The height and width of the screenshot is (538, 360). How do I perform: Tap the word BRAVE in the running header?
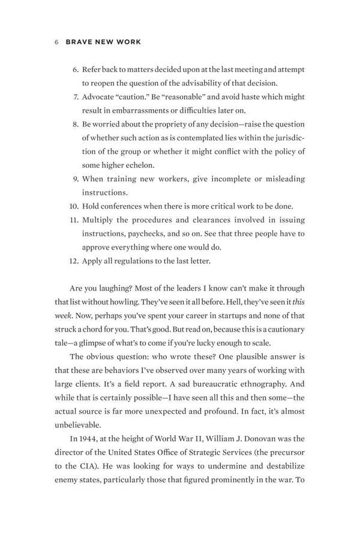(x=77, y=43)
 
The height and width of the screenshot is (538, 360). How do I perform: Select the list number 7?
(x=76, y=97)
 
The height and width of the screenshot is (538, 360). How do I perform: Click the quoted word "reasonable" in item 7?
(x=179, y=97)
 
